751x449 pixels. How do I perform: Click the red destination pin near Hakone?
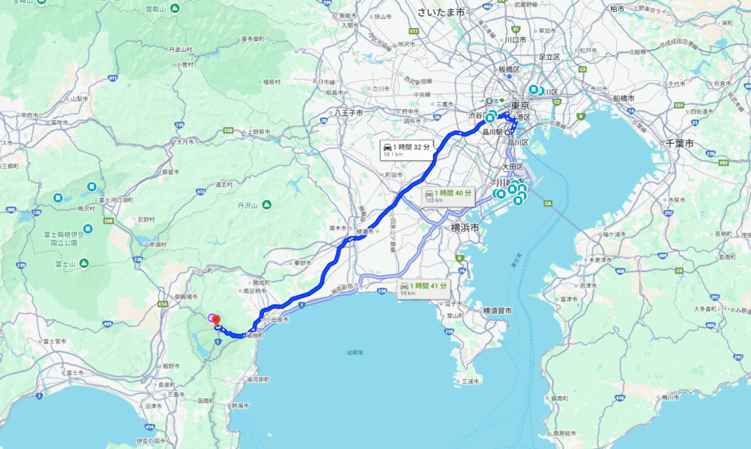tap(216, 321)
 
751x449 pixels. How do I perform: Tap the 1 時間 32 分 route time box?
tap(405, 150)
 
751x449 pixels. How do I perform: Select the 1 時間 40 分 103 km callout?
tap(447, 196)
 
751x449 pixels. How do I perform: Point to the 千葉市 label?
tap(680, 144)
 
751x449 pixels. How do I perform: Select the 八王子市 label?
tap(349, 113)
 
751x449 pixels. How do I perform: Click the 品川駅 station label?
tap(492, 132)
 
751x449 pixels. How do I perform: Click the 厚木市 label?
tap(337, 228)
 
